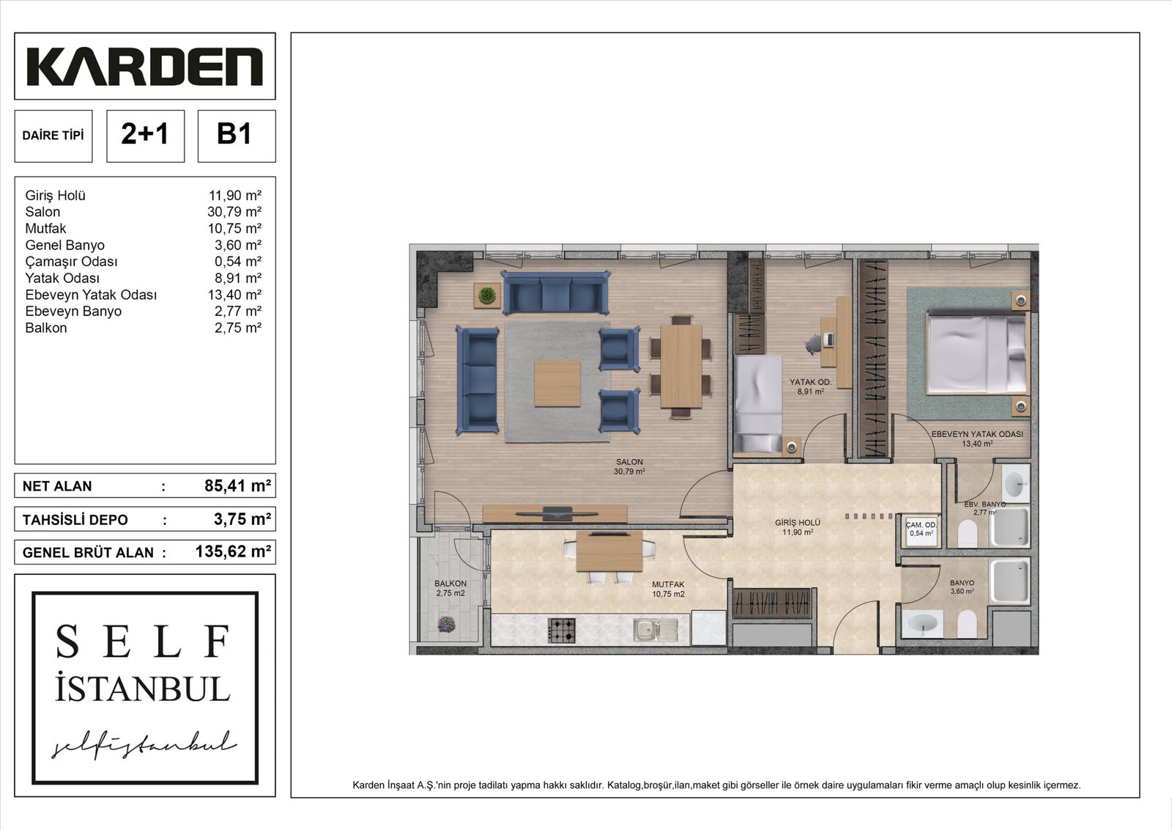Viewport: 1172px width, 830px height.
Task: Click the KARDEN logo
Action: pyautogui.click(x=144, y=67)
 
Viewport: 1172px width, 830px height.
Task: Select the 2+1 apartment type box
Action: pyautogui.click(x=146, y=136)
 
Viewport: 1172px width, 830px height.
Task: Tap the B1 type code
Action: pyautogui.click(x=234, y=134)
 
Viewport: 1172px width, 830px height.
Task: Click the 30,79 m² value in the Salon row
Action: pyautogui.click(x=234, y=212)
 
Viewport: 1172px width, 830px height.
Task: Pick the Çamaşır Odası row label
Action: pyautogui.click(x=71, y=261)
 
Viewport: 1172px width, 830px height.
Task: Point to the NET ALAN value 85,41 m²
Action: pyautogui.click(x=237, y=486)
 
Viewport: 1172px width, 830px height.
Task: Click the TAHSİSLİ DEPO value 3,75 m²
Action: pyautogui.click(x=242, y=519)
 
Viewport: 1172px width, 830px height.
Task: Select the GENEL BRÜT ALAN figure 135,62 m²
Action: pyautogui.click(x=234, y=551)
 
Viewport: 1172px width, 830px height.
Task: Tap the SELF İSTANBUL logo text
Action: pyautogui.click(x=143, y=664)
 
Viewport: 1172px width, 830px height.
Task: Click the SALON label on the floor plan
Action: pyautogui.click(x=629, y=462)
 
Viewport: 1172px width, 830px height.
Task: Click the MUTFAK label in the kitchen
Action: pyautogui.click(x=668, y=584)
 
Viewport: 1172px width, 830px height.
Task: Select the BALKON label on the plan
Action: pyautogui.click(x=450, y=584)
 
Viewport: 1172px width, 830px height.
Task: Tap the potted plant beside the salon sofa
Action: pyautogui.click(x=487, y=295)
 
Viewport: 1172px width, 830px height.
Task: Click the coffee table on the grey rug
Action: pyautogui.click(x=557, y=383)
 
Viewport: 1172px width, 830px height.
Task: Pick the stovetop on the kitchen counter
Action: pyautogui.click(x=561, y=631)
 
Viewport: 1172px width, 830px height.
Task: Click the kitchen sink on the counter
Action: pyautogui.click(x=655, y=630)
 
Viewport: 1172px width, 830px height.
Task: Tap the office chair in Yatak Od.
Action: pyautogui.click(x=814, y=344)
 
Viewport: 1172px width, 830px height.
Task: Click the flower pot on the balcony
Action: pyautogui.click(x=446, y=624)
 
